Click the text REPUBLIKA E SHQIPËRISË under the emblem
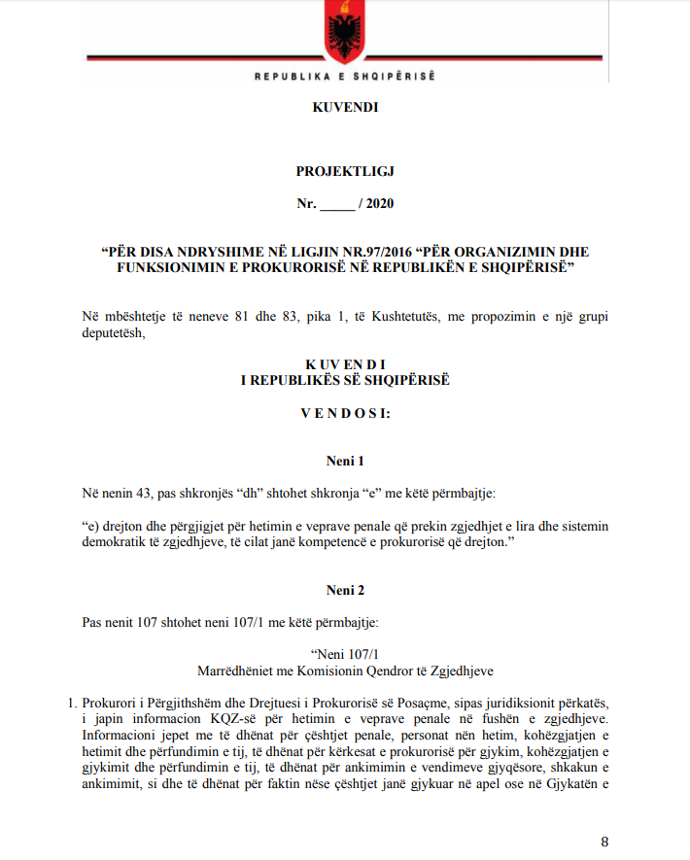click(344, 76)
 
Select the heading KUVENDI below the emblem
click(345, 108)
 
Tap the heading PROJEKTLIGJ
click(345, 171)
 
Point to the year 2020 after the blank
click(380, 203)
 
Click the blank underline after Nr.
click(338, 204)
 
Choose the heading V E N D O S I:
click(345, 412)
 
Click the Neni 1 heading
click(345, 460)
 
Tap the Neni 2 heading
click(345, 589)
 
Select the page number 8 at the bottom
click(604, 842)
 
